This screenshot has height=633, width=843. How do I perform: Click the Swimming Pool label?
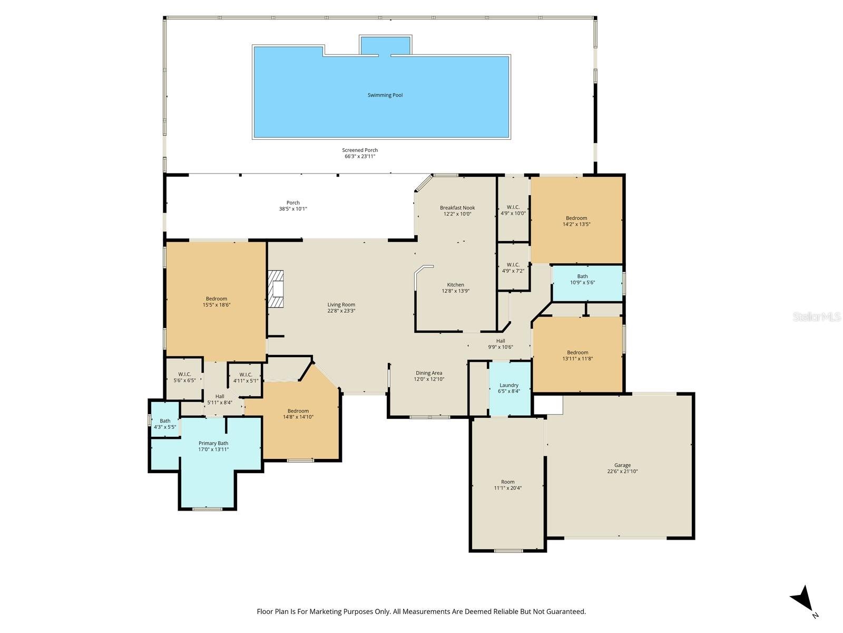click(385, 95)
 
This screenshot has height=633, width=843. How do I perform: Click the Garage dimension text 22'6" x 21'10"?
click(622, 472)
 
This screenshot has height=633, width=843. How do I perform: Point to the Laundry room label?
click(508, 385)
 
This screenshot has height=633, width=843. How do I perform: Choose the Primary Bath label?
click(213, 443)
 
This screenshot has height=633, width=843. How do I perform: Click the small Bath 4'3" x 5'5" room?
click(165, 424)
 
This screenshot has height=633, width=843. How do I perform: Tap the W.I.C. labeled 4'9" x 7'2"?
click(513, 268)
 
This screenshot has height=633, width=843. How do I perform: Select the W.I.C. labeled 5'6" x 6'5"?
click(184, 377)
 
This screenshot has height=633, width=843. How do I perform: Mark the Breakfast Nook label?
click(457, 208)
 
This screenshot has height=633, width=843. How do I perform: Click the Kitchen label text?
click(456, 285)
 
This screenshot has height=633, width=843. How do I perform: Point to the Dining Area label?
click(429, 373)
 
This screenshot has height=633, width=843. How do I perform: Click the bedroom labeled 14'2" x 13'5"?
click(576, 221)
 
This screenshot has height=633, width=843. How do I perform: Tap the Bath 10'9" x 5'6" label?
click(582, 279)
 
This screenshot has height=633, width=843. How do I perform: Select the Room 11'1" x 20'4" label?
click(507, 485)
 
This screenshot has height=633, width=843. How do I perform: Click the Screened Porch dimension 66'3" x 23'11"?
click(360, 157)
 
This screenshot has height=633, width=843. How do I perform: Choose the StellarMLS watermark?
click(817, 316)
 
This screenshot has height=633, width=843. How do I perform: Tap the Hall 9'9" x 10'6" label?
click(501, 344)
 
